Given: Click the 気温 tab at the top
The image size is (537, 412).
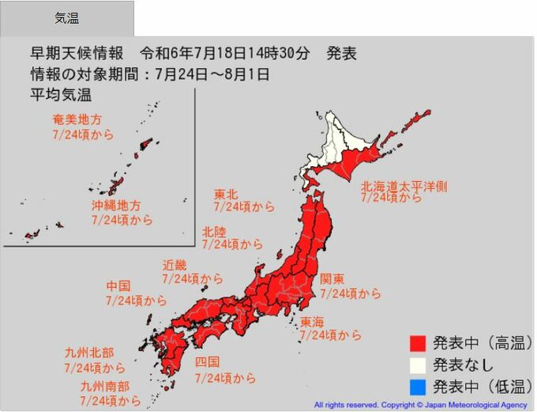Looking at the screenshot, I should click(x=66, y=18).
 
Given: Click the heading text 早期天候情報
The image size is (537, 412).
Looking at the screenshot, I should click(x=77, y=54).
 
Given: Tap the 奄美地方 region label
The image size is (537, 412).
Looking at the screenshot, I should click(x=77, y=120).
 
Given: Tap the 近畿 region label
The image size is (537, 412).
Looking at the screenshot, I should click(x=175, y=265).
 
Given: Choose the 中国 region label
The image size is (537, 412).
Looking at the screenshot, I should click(x=118, y=286).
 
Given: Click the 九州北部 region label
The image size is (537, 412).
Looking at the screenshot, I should click(x=89, y=353).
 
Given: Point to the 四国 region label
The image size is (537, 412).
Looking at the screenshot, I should click(x=208, y=364).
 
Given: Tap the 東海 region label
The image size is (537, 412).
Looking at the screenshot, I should click(x=312, y=322).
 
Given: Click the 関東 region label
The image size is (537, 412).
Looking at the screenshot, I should click(x=332, y=279).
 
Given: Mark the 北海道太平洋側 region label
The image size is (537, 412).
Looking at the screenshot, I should click(x=404, y=186).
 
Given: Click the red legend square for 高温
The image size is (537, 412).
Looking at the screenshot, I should click(x=418, y=343).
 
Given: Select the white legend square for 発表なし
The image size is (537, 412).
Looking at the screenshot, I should click(x=418, y=365).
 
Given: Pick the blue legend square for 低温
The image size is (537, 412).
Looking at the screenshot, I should click(x=418, y=387).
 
